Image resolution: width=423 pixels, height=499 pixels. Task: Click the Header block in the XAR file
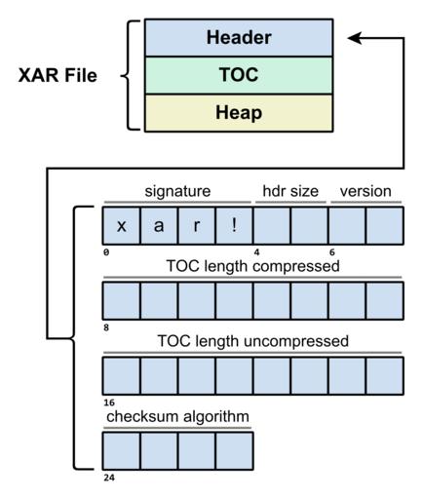(x=239, y=38)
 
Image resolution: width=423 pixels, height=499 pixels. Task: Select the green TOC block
(x=239, y=75)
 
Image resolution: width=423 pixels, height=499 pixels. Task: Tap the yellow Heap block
(x=239, y=113)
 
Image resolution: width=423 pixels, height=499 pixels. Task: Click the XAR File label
(x=58, y=75)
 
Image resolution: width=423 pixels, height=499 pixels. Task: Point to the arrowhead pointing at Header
(x=355, y=38)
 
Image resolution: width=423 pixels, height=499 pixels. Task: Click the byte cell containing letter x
(x=121, y=225)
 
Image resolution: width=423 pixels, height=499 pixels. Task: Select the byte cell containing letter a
(x=159, y=225)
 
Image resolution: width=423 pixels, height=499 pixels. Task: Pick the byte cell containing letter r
(x=196, y=225)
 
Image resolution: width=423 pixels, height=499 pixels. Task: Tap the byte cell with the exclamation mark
(x=234, y=225)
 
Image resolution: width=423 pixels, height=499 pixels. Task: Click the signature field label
(x=177, y=191)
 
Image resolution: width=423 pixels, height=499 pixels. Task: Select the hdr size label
(x=290, y=191)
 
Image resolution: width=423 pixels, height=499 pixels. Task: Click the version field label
(x=365, y=191)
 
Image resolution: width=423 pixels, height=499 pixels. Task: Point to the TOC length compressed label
(x=252, y=266)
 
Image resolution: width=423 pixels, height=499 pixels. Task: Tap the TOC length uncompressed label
(x=252, y=341)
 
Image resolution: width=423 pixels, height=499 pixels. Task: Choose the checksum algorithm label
(x=177, y=416)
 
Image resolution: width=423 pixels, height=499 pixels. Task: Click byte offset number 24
(x=109, y=478)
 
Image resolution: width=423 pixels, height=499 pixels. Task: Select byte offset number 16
(x=109, y=403)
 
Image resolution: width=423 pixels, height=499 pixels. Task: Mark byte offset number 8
(x=106, y=327)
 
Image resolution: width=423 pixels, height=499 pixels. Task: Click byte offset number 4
(x=256, y=252)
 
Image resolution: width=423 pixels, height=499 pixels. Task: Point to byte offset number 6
(x=331, y=252)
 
